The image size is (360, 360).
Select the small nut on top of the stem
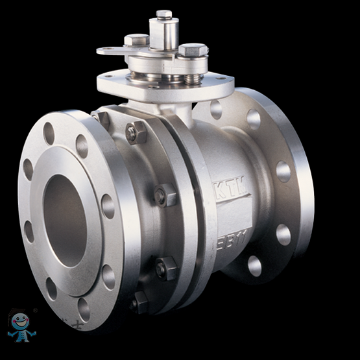(x=164, y=14)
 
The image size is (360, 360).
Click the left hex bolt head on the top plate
(x=136, y=40)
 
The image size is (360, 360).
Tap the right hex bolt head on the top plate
(x=193, y=50)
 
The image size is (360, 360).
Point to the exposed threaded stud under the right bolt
(x=191, y=78)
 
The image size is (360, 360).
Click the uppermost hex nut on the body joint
(x=136, y=133)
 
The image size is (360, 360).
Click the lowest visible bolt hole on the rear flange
(x=254, y=266)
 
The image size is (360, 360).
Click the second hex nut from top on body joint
(x=165, y=195)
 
